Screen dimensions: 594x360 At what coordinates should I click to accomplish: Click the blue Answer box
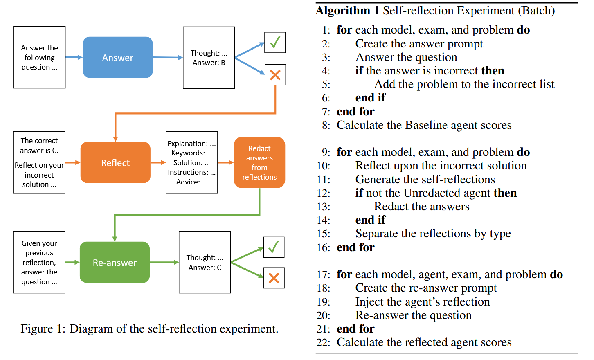click(118, 57)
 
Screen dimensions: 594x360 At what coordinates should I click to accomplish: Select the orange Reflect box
click(115, 162)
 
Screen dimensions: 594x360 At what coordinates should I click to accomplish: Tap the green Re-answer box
click(115, 262)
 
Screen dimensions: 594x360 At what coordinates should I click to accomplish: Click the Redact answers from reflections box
click(259, 162)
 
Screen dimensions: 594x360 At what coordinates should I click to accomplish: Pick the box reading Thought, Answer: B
click(209, 58)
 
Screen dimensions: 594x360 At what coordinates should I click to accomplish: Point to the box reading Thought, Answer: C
click(205, 262)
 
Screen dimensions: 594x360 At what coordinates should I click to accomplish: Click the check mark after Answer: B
click(275, 43)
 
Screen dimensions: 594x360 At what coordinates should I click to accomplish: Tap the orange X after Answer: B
click(275, 75)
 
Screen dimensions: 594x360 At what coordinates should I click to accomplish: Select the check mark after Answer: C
click(274, 248)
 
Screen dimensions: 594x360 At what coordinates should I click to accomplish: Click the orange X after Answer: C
click(274, 278)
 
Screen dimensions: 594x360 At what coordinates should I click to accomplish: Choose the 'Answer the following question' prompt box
click(40, 57)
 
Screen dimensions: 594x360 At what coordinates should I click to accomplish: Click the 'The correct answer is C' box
click(39, 162)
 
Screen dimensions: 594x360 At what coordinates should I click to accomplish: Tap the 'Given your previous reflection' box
click(39, 262)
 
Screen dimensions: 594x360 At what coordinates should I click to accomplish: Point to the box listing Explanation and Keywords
click(192, 162)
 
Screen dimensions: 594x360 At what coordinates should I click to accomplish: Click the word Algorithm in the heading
click(342, 11)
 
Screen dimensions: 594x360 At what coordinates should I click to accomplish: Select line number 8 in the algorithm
click(326, 125)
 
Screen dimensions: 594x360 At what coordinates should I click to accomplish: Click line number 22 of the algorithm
click(324, 342)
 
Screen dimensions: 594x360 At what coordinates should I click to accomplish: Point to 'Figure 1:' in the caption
click(43, 329)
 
